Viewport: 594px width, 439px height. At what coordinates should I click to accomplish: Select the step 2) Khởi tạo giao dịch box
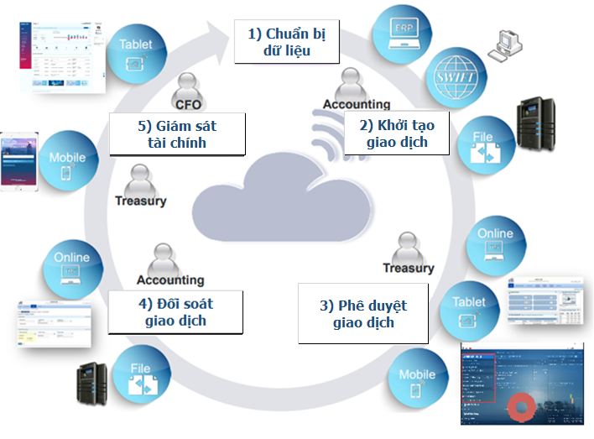click(397, 134)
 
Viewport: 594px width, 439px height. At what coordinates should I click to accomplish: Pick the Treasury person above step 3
click(408, 248)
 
